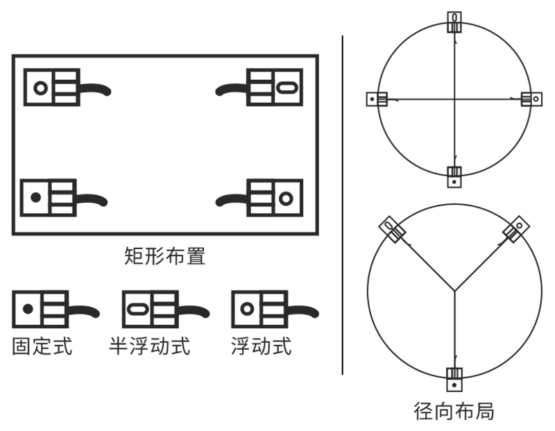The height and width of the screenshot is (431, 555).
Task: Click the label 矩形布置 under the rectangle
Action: coord(165,256)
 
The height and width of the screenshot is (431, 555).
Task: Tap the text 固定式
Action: coord(42,346)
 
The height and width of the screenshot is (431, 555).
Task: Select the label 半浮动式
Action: coord(149,346)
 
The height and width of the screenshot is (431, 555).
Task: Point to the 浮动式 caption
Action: coord(261,346)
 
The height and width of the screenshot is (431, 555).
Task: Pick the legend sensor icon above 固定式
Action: coord(42,310)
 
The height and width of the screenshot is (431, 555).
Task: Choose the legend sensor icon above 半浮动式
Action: coord(151,310)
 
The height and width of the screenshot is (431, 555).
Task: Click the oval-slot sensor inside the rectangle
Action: coord(275,87)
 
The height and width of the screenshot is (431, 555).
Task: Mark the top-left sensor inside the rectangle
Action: coord(53,87)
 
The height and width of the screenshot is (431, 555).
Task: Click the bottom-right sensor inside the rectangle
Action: coord(275,198)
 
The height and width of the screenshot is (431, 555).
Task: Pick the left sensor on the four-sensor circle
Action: coord(377,99)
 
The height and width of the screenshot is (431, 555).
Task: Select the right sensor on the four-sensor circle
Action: coord(531,99)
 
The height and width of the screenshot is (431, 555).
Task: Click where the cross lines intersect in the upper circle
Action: coord(454,99)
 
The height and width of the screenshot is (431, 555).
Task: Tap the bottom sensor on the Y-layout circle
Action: coord(454,379)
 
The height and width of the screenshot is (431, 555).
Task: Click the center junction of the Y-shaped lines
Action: coord(454,289)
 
